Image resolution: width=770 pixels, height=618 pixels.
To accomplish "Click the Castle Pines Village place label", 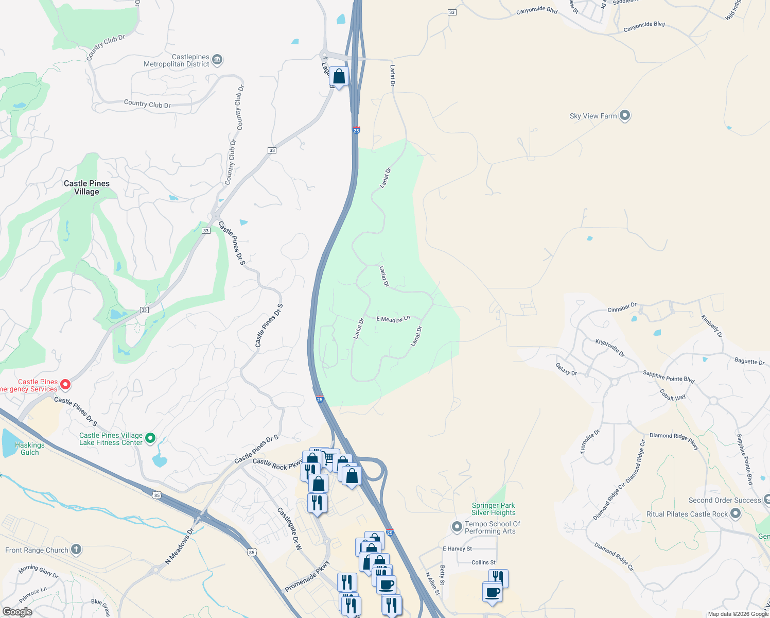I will pos(86,187).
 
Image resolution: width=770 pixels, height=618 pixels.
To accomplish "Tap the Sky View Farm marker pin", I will pos(625,115).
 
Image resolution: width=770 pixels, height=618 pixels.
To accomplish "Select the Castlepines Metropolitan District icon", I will pos(217,60).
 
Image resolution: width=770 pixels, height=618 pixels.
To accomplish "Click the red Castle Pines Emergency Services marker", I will pos(65,385).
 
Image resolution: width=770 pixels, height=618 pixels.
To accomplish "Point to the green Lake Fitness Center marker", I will pos(150,438).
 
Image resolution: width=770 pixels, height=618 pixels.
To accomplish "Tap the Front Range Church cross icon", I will pos(76,550).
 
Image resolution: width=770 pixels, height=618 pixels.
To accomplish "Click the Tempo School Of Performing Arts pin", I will pos(457,527).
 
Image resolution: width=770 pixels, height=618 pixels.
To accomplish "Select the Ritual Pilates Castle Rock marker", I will pos(736,513).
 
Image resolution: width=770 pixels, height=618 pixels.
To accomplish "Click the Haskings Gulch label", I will pos(30,449).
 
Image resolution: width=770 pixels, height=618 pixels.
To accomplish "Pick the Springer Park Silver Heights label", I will pos(493,509).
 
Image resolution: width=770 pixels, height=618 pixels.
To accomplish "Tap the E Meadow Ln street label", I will pos(393,319).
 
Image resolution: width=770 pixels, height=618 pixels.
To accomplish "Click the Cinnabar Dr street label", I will pos(622,308).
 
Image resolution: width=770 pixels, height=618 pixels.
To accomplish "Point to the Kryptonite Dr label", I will pos(610,348).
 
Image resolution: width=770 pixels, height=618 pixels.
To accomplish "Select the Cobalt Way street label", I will pos(673,395).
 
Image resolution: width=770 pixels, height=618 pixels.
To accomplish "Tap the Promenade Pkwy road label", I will pos(307,576).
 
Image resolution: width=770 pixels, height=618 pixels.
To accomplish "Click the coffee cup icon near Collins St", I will pos(492,592).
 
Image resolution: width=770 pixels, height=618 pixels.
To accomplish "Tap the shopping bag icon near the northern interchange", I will pos(339,77).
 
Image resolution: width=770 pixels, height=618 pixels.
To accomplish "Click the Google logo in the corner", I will pos(17,611).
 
